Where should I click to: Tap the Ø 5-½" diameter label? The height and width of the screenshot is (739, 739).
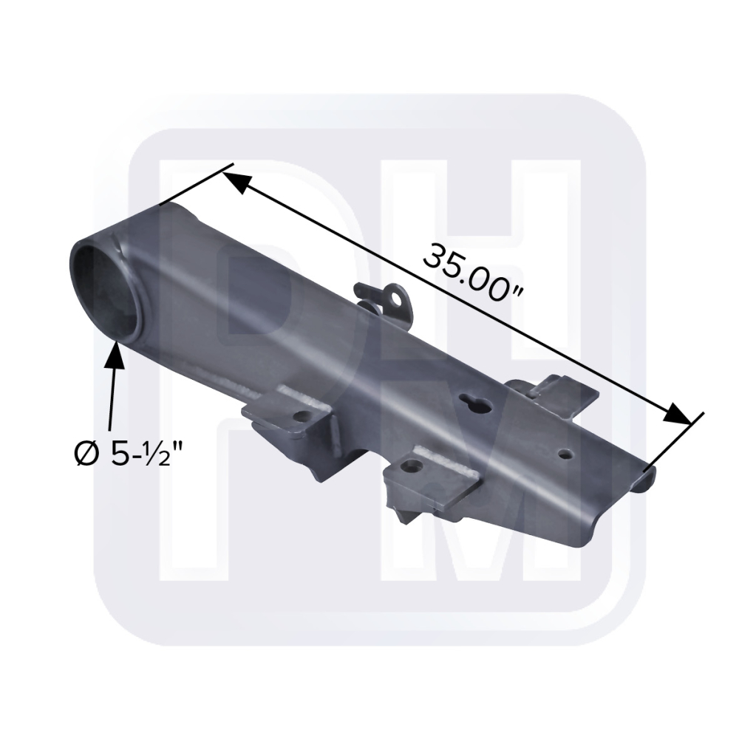pyautogui.click(x=128, y=454)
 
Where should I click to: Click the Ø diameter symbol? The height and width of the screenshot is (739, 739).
pyautogui.click(x=86, y=454)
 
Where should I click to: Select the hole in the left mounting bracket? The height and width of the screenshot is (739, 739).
pyautogui.click(x=300, y=416)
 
